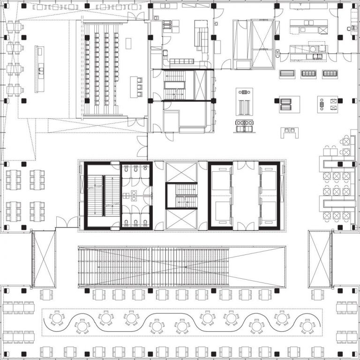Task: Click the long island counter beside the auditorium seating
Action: pos(39,69)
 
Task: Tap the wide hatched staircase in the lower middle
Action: pos(153,267)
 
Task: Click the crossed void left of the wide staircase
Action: pos(43,259)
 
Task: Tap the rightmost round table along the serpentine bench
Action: pos(307,325)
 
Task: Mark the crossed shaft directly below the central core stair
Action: pos(182,220)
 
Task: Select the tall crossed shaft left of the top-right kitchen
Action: pos(262,43)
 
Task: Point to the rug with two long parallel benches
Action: pos(244,107)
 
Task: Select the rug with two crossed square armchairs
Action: pos(327,104)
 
